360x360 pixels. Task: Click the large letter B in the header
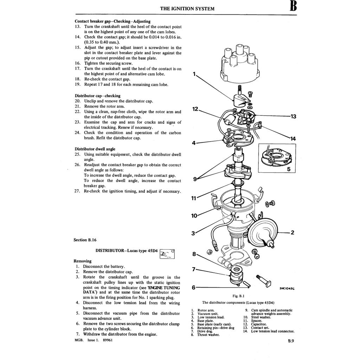293,7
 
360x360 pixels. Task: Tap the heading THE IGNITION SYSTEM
187,8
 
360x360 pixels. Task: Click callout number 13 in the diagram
293,116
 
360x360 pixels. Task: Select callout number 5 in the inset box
288,169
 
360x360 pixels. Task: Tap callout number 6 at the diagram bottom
194,287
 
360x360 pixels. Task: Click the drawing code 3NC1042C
287,288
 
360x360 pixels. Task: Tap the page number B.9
291,341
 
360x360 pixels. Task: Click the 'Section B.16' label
85,240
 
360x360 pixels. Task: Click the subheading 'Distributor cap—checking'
97,96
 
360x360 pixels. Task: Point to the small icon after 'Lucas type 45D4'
167,253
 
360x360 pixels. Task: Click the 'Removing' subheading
82,261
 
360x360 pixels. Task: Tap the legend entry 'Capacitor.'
259,324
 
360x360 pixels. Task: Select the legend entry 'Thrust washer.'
208,335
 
